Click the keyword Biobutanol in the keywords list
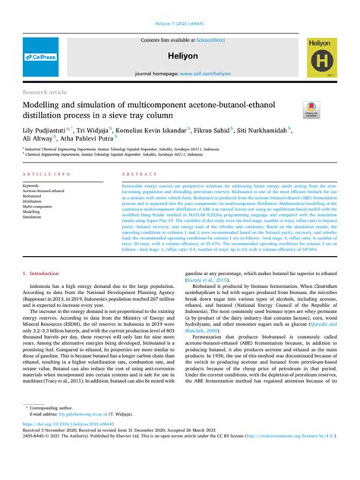coord(33,195)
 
